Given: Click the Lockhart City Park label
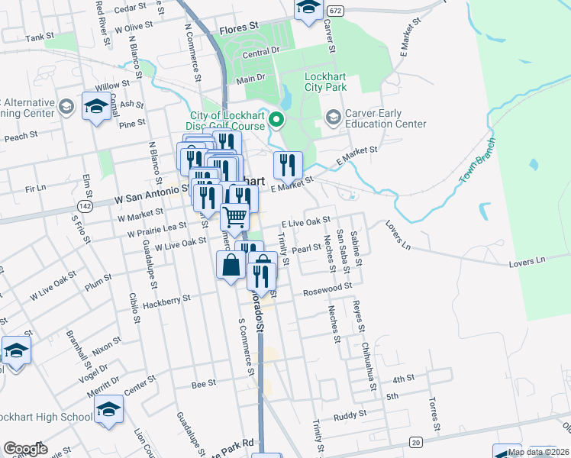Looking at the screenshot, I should [326, 82].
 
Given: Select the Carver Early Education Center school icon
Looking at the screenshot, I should [333, 118].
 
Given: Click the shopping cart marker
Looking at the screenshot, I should [235, 217].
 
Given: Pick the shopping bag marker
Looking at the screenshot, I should [231, 266].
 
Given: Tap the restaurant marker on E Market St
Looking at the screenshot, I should [289, 165].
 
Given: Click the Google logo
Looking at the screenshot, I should [25, 449].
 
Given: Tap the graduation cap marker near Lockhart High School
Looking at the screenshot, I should [109, 410].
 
